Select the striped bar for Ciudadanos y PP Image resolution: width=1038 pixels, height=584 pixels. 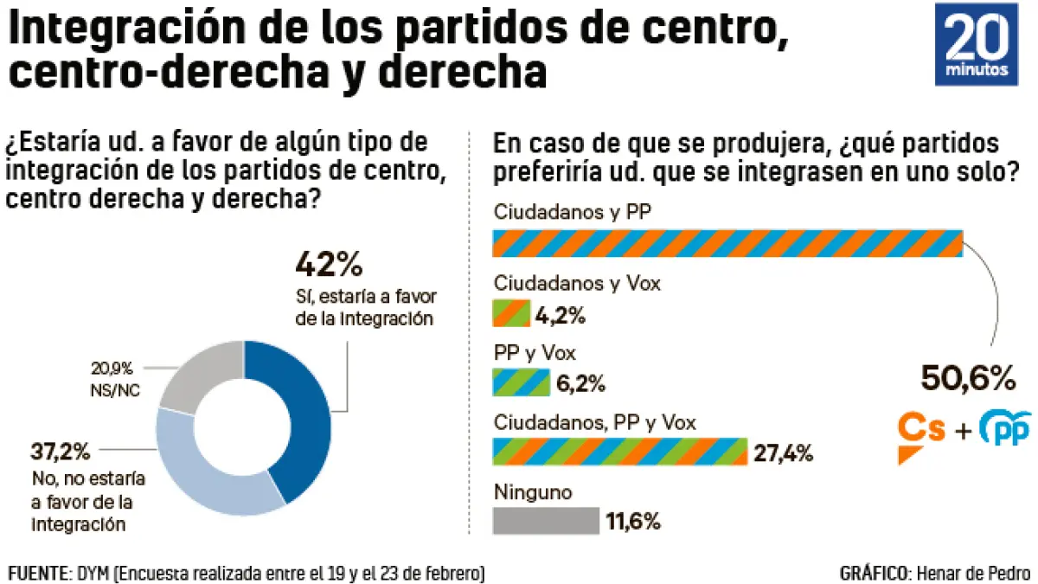[x=727, y=243]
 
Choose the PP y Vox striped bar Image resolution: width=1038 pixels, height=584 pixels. [x=521, y=382]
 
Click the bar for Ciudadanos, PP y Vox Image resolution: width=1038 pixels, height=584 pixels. [x=619, y=452]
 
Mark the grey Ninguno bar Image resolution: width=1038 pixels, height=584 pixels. [x=545, y=521]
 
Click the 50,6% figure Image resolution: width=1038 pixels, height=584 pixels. [x=968, y=378]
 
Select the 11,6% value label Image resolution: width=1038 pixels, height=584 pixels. [x=632, y=522]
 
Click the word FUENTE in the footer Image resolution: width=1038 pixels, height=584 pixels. [x=37, y=573]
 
